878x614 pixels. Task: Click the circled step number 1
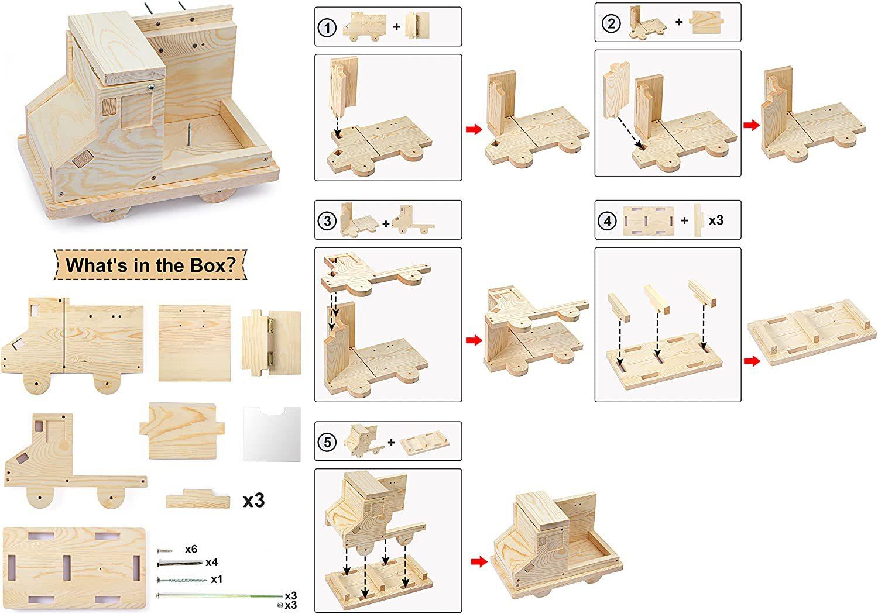coord(327,27)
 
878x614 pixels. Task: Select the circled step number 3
coord(327,220)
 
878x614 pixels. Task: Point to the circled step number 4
coord(608,220)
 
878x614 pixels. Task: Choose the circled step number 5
coord(327,442)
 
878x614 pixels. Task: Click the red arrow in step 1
coord(474,129)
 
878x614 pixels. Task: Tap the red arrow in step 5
coord(479,561)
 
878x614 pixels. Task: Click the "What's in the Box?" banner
coord(150,265)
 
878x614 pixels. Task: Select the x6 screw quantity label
coord(191,549)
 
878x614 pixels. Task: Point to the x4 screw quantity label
coord(211,563)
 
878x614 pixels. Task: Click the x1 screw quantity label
coord(217,579)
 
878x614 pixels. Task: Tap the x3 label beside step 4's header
coord(716,220)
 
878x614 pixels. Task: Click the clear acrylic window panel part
coord(272,433)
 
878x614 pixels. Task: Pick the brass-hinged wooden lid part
coord(271,339)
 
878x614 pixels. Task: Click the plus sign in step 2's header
coord(679,22)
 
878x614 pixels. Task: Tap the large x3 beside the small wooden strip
coord(253,500)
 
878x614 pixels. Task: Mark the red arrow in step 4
coord(752,361)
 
